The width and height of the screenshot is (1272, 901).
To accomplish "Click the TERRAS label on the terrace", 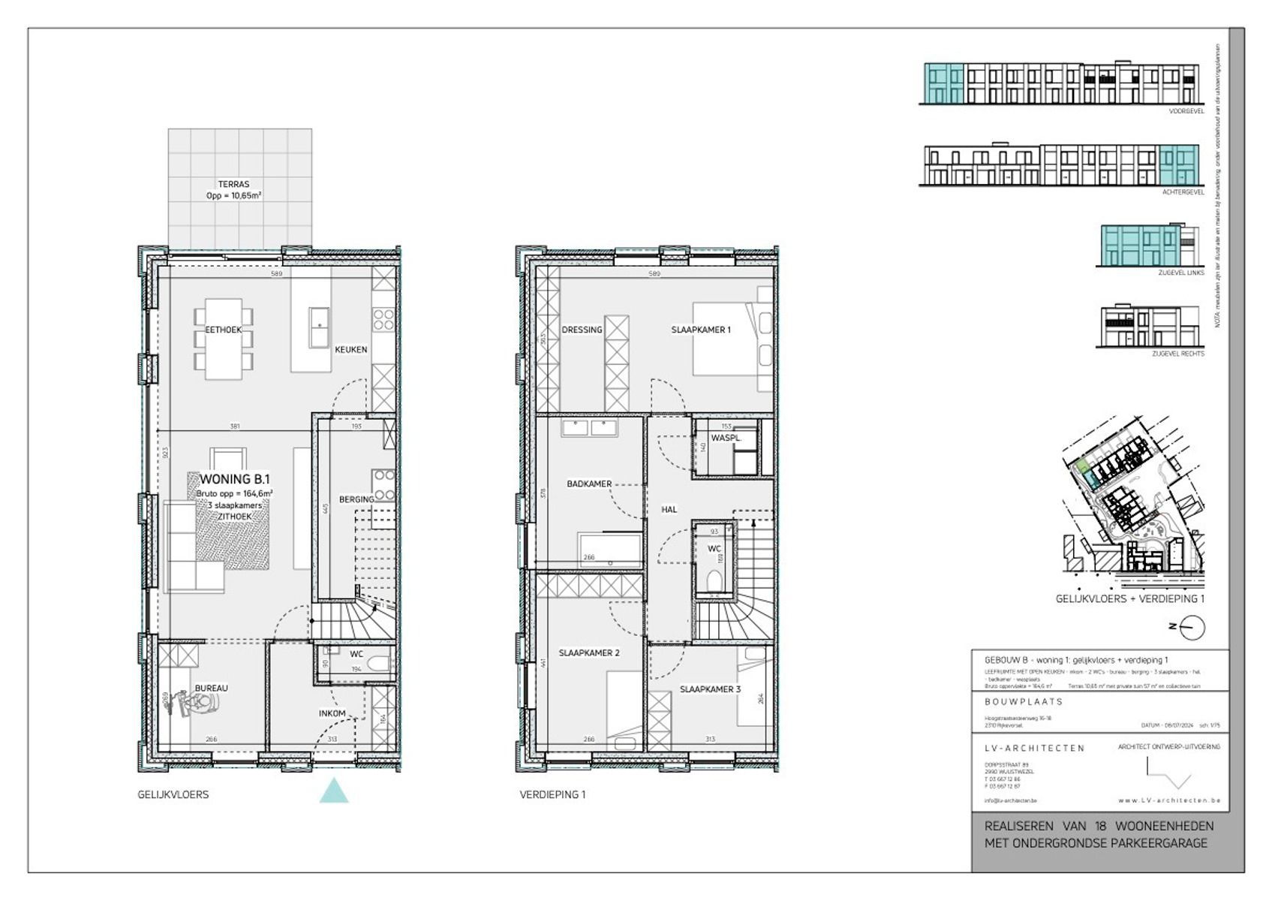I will pyautogui.click(x=233, y=184).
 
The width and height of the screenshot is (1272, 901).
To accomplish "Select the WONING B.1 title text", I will pyautogui.click(x=234, y=479).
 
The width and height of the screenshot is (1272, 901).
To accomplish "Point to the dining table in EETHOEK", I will pyautogui.click(x=224, y=338).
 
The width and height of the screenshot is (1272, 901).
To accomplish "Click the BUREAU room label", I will pyautogui.click(x=211, y=688).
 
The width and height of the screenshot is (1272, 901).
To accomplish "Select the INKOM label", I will pyautogui.click(x=332, y=713).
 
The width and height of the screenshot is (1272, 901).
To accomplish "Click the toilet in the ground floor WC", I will pyautogui.click(x=380, y=665).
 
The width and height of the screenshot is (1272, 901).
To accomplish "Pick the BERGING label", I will pyautogui.click(x=356, y=499).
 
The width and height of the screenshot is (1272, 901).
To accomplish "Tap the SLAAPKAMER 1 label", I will pyautogui.click(x=700, y=330).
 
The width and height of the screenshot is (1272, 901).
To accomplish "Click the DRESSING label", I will pyautogui.click(x=582, y=330).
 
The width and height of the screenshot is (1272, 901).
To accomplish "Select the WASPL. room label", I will pyautogui.click(x=726, y=438).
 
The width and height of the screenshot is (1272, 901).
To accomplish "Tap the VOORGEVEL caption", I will pyautogui.click(x=1186, y=111).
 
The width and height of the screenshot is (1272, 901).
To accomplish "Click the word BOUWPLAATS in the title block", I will pyautogui.click(x=1024, y=702).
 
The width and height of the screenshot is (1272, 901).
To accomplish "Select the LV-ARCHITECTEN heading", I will pyautogui.click(x=1034, y=748).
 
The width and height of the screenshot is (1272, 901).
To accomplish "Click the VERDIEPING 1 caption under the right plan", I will pyautogui.click(x=552, y=794).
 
